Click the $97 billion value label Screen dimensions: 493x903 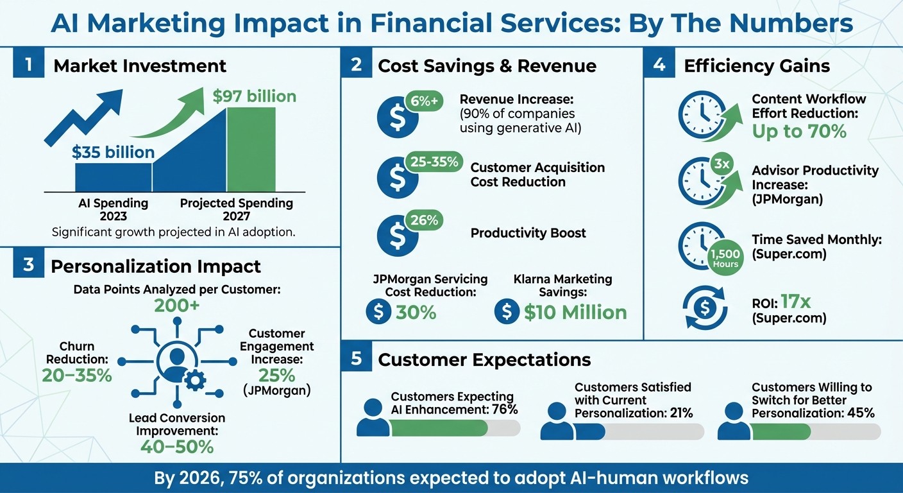pyautogui.click(x=254, y=97)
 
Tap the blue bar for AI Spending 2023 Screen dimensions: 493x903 pyautogui.click(x=114, y=177)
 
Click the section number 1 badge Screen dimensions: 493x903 pyautogui.click(x=28, y=65)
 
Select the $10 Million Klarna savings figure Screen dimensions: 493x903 pyautogui.click(x=575, y=313)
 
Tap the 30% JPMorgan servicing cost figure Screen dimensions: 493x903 pyautogui.click(x=416, y=313)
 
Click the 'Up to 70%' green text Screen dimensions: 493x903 pyautogui.click(x=799, y=132)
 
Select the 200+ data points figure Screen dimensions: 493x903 pyautogui.click(x=176, y=306)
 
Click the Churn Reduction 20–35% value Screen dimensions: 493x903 pyautogui.click(x=77, y=376)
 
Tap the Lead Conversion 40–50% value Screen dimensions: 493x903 pyautogui.click(x=176, y=447)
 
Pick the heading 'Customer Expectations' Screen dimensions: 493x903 pyautogui.click(x=484, y=359)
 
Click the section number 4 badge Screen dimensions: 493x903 pyautogui.click(x=659, y=65)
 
